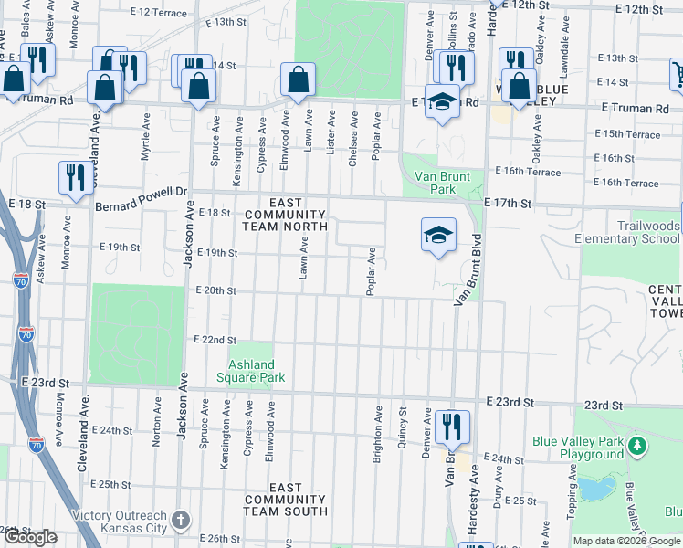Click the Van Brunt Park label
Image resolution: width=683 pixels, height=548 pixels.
(x=435, y=183)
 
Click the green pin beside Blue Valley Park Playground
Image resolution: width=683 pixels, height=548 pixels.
(x=637, y=448)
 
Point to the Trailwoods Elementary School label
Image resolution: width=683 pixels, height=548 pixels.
(x=626, y=232)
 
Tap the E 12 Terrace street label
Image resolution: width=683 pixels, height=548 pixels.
(x=158, y=13)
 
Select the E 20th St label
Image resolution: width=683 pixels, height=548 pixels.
(x=215, y=291)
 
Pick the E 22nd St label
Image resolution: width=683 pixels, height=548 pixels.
(x=215, y=340)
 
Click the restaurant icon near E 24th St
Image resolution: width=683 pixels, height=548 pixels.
(x=452, y=426)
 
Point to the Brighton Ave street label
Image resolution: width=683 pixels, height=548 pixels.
(x=377, y=440)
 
